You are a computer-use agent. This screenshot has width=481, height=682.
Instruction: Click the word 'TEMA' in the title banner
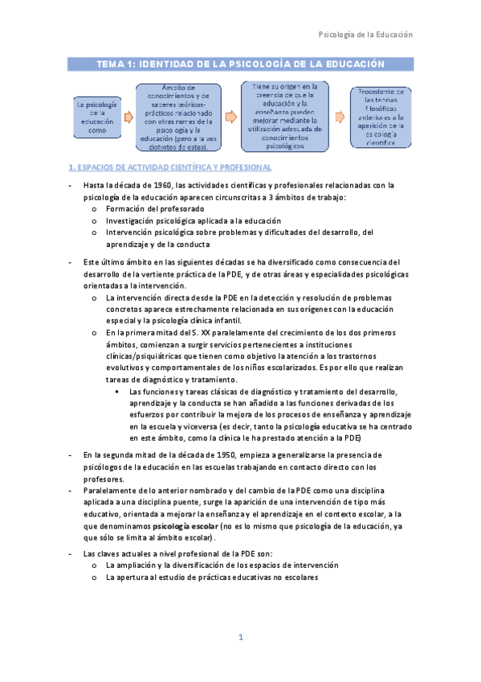[111, 63]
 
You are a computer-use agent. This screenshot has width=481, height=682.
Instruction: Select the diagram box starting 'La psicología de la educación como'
[96, 117]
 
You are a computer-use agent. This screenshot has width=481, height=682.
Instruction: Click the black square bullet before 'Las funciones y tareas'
[118, 392]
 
